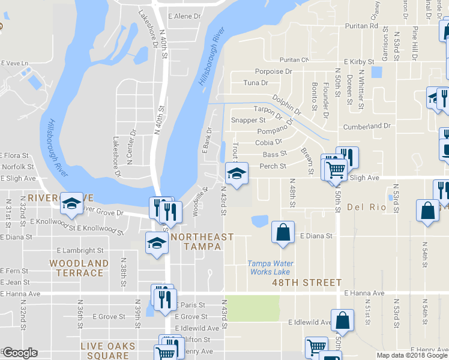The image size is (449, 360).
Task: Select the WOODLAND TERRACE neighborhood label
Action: tap(79, 268)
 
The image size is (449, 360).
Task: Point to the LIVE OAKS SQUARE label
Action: tap(105, 351)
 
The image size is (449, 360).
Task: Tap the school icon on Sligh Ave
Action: tap(236, 174)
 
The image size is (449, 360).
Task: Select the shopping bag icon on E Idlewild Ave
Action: tap(342, 320)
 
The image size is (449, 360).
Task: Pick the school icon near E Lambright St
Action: tap(157, 243)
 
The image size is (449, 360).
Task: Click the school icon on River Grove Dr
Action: tap(71, 203)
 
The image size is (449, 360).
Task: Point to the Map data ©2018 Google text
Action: tap(412, 355)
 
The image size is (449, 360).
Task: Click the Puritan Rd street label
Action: tap(361, 26)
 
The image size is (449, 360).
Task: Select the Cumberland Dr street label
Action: tap(366, 127)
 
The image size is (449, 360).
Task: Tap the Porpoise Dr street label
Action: tap(273, 71)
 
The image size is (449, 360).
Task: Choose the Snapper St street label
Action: tap(248, 120)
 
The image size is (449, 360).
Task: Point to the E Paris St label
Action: tap(190, 305)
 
